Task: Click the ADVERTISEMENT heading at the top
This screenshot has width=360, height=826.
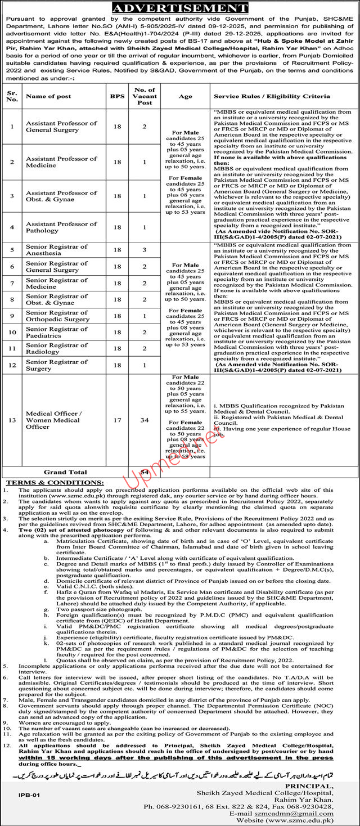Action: point(180,8)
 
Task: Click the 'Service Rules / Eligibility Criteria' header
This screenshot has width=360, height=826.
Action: point(272,97)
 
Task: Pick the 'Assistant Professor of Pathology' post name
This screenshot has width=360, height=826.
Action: point(61,227)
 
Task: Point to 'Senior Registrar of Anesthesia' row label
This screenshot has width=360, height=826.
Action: point(57,249)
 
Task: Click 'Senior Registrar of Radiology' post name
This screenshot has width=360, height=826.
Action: point(57,348)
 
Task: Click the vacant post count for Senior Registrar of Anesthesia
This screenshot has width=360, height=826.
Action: point(144,249)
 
